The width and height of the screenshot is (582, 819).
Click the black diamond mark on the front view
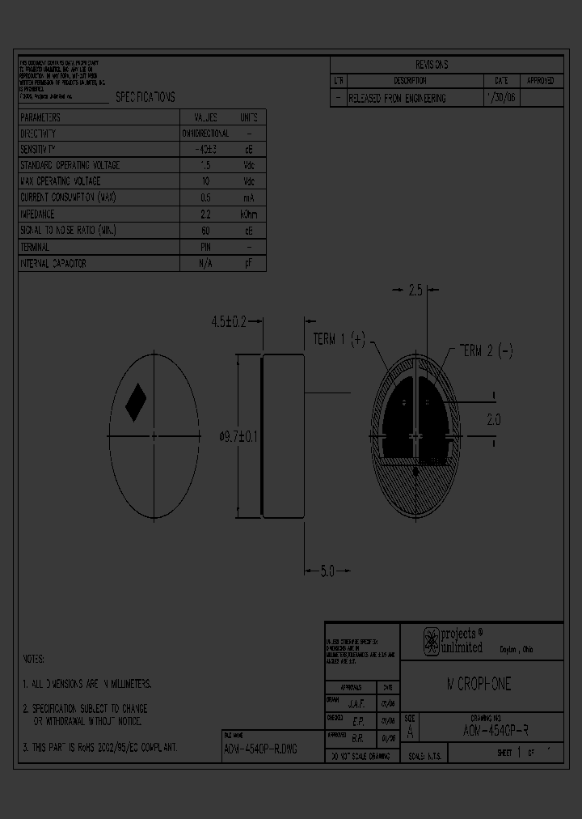point(135,401)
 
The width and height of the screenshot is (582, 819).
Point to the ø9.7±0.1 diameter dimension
point(238,437)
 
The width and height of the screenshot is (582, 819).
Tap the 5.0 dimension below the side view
point(326,571)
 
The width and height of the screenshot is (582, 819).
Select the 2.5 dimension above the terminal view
point(415,291)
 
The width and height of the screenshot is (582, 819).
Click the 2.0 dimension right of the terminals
point(493,420)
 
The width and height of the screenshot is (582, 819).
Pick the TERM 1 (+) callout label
point(339,339)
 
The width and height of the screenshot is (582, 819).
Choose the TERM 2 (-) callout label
point(486,350)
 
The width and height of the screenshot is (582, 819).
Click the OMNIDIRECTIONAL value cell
point(205,134)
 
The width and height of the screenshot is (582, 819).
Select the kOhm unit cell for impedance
point(249,214)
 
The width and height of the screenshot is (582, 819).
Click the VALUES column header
point(205,117)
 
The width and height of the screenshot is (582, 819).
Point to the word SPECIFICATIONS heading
point(145,97)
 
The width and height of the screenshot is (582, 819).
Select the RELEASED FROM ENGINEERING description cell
point(397,98)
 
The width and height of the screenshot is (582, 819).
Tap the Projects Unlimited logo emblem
point(432,641)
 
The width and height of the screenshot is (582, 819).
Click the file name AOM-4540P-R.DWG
point(260,749)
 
